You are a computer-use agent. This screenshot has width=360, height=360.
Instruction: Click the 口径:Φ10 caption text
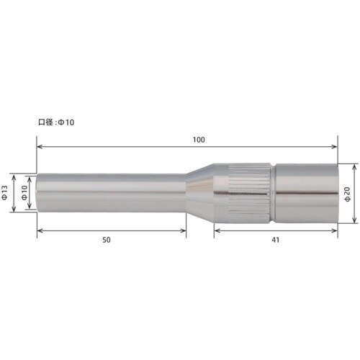(56, 122)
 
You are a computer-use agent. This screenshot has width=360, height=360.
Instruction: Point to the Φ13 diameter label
(6, 193)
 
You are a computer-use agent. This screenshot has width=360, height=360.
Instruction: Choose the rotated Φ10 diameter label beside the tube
(24, 193)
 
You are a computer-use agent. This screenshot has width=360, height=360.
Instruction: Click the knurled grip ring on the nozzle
(250, 192)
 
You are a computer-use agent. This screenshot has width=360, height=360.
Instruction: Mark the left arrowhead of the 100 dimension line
(40, 147)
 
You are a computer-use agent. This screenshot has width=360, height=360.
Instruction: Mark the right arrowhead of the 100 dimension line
(335, 147)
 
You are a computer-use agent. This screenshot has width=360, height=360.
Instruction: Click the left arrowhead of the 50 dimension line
(40, 230)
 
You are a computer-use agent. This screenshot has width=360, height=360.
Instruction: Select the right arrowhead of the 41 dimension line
(335, 230)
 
